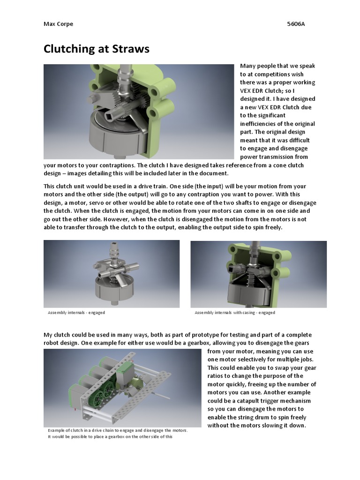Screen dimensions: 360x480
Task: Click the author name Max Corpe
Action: tap(58, 24)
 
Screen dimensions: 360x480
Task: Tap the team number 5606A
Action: tap(296, 24)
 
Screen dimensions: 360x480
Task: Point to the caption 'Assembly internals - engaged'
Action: tap(76, 313)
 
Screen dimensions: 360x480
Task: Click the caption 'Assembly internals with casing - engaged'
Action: tap(235, 313)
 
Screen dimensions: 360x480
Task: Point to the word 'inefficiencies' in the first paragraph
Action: tap(258, 124)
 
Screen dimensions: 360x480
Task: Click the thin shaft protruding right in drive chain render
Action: tap(159, 395)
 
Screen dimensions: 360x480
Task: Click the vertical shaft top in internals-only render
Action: tap(114, 245)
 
